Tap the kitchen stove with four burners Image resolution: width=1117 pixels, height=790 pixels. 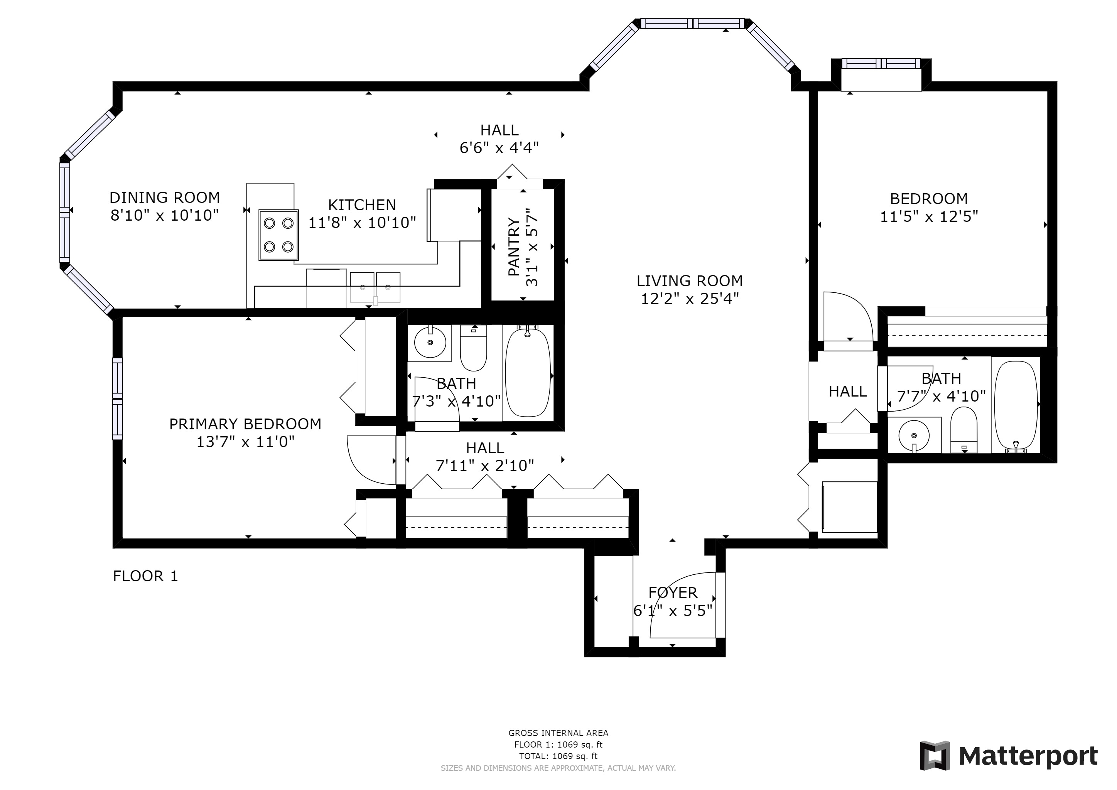point(278,235)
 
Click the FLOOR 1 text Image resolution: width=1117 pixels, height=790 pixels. point(145,576)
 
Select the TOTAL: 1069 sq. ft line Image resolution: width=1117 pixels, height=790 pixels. point(558,756)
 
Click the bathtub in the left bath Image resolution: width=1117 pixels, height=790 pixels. point(528,373)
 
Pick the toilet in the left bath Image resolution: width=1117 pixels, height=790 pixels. point(473,348)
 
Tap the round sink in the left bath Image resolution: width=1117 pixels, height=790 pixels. point(430,343)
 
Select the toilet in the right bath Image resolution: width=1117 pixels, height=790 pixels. point(964,430)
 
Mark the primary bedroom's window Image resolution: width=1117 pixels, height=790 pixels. point(118,399)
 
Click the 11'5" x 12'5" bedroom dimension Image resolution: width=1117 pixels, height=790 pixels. point(929,216)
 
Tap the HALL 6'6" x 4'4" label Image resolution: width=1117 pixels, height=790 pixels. point(499,138)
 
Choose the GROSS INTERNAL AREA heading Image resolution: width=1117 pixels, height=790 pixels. point(558,733)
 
